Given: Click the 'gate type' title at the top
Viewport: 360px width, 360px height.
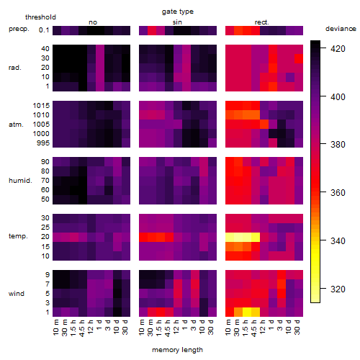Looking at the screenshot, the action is pyautogui.click(x=178, y=12).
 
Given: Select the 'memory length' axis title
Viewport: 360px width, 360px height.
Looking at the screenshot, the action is pyautogui.click(x=177, y=350).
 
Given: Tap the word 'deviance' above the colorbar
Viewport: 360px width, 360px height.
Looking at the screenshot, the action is pyautogui.click(x=341, y=29).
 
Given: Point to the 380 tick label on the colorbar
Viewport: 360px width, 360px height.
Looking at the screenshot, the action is pyautogui.click(x=338, y=145).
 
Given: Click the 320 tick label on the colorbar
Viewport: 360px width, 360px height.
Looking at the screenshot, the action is pyautogui.click(x=338, y=289).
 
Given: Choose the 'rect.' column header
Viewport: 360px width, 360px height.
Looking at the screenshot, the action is pyautogui.click(x=262, y=22).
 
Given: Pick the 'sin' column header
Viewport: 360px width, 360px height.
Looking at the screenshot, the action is pyautogui.click(x=177, y=22).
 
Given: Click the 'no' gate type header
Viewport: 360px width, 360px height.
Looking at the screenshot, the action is pyautogui.click(x=93, y=22).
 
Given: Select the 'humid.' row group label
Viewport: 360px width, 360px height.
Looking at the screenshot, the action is pyautogui.click(x=20, y=181).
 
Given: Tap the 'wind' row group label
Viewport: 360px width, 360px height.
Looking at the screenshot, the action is pyautogui.click(x=17, y=294).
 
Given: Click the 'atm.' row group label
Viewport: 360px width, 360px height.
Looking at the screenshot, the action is pyautogui.click(x=16, y=125).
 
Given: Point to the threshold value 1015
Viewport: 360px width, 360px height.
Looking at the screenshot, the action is pyautogui.click(x=41, y=105).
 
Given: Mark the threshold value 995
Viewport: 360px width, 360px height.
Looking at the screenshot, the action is pyautogui.click(x=43, y=143).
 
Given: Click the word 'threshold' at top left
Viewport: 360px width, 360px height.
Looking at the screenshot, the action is pyautogui.click(x=40, y=17).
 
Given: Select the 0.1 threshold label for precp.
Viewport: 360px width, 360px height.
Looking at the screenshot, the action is pyautogui.click(x=44, y=30).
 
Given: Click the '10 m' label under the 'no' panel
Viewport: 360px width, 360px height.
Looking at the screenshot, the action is pyautogui.click(x=55, y=327).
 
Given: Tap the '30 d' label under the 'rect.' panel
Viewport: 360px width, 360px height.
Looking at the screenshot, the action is pyautogui.click(x=297, y=327).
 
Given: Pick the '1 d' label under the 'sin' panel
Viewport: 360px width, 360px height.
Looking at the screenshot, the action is pyautogui.click(x=185, y=325).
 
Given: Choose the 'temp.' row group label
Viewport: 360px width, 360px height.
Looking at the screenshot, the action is pyautogui.click(x=18, y=236).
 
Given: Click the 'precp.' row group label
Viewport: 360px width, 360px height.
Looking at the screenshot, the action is pyautogui.click(x=19, y=29).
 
